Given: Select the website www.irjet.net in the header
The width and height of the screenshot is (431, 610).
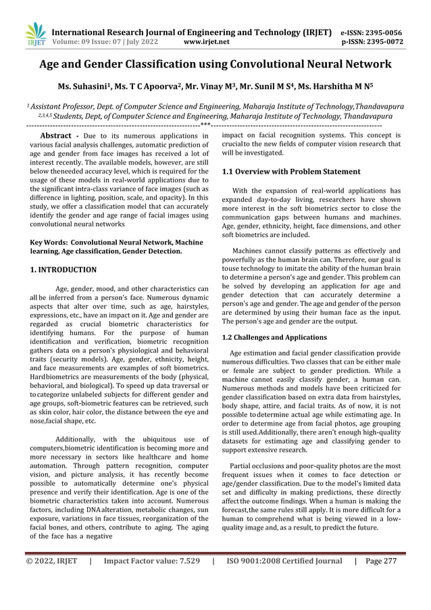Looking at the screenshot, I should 207,41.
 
